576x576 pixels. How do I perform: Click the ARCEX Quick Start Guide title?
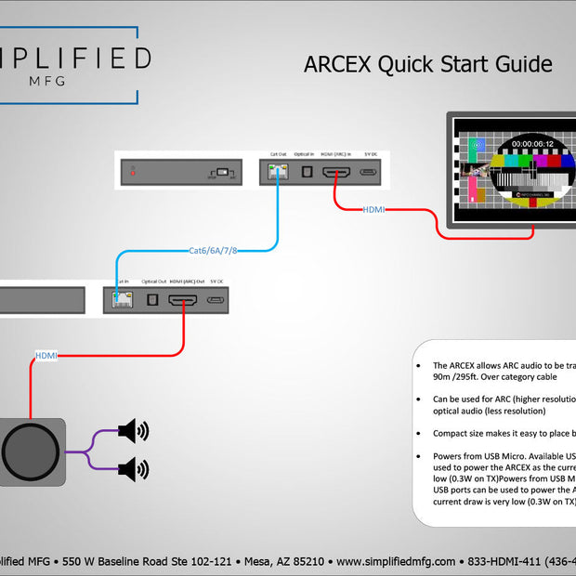[x=428, y=64]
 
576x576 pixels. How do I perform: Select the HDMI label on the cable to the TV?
[x=375, y=210]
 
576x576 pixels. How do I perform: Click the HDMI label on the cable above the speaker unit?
[x=46, y=356]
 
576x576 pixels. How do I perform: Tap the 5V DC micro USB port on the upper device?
[x=369, y=172]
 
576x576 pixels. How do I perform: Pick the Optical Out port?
[x=152, y=299]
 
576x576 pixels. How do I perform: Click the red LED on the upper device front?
[x=134, y=172]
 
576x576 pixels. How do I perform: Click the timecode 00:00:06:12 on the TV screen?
[x=532, y=144]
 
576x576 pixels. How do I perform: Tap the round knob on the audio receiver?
[x=33, y=452]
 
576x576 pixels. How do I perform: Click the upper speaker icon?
[x=133, y=431]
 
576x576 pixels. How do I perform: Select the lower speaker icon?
[x=133, y=469]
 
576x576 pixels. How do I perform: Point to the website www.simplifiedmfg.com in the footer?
[x=396, y=561]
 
